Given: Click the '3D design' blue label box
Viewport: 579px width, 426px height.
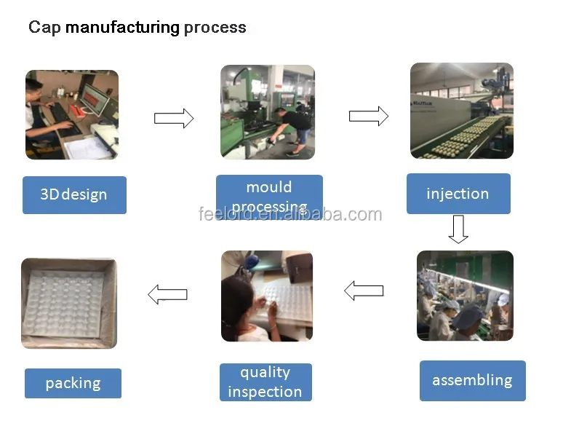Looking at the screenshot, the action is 74,195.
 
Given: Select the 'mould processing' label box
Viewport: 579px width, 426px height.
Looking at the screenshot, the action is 269,196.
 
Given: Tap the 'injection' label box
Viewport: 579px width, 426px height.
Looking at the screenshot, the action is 458,194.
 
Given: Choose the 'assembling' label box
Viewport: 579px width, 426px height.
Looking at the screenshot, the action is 472,381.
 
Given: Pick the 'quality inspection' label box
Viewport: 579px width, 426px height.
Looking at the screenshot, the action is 265,382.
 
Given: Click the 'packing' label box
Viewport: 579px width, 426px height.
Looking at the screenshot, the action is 73,383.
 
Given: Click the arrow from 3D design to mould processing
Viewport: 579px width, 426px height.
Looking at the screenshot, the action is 174,118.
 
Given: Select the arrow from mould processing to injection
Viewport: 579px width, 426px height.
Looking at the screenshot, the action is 369,116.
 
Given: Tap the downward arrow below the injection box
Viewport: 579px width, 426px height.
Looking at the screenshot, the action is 458,229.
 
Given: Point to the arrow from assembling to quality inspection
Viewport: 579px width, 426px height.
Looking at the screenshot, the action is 364,291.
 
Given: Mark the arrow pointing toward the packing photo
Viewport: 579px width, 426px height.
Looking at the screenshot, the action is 167,294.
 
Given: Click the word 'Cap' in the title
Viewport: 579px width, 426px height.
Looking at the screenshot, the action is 44,28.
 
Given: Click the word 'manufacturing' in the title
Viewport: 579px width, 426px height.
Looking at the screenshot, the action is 122,28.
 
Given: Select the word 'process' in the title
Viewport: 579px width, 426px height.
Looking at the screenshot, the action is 215,28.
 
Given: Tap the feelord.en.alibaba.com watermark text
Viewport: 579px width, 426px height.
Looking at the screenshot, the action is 290,215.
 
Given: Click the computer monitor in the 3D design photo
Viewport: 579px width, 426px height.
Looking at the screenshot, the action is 96,98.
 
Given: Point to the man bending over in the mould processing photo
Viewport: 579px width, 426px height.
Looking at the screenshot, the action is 293,130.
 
